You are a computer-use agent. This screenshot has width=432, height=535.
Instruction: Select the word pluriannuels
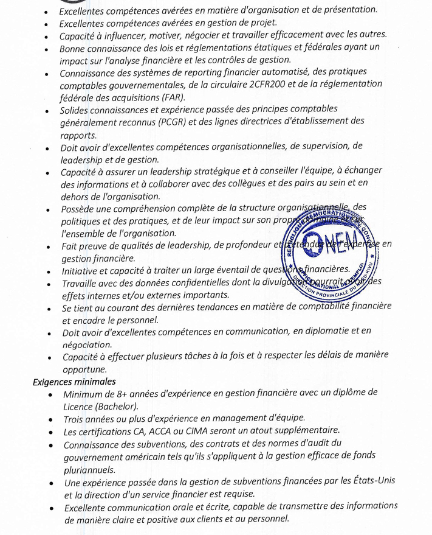[89, 469]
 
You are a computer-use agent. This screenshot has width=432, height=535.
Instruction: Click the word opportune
[84, 369]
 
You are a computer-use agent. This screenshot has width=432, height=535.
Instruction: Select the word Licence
[80, 406]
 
